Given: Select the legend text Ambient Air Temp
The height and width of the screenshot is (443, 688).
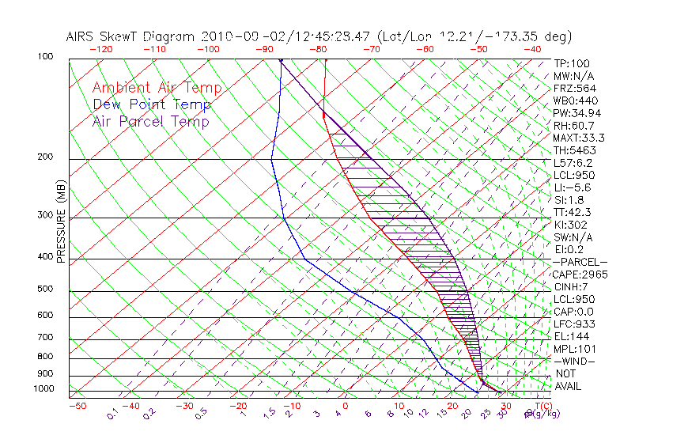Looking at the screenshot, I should (157, 89).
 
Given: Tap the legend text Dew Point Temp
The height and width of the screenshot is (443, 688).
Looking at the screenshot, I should (151, 105).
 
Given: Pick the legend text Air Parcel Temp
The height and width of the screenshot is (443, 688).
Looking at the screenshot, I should (150, 122).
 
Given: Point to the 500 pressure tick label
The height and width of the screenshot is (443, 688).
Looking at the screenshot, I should (47, 290).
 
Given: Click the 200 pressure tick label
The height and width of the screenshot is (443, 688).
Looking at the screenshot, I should (47, 157).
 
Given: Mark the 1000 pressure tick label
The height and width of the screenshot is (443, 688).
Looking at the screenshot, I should (44, 389).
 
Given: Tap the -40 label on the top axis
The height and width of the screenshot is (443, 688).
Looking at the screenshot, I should (532, 50).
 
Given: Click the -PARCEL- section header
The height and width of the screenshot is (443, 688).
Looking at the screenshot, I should (580, 262).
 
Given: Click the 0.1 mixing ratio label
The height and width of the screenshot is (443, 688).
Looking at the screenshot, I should (112, 414).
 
